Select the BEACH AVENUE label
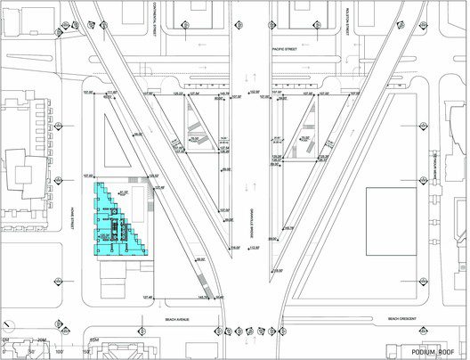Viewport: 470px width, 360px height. pos(179,319)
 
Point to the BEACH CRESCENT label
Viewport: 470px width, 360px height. pos(403,319)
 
